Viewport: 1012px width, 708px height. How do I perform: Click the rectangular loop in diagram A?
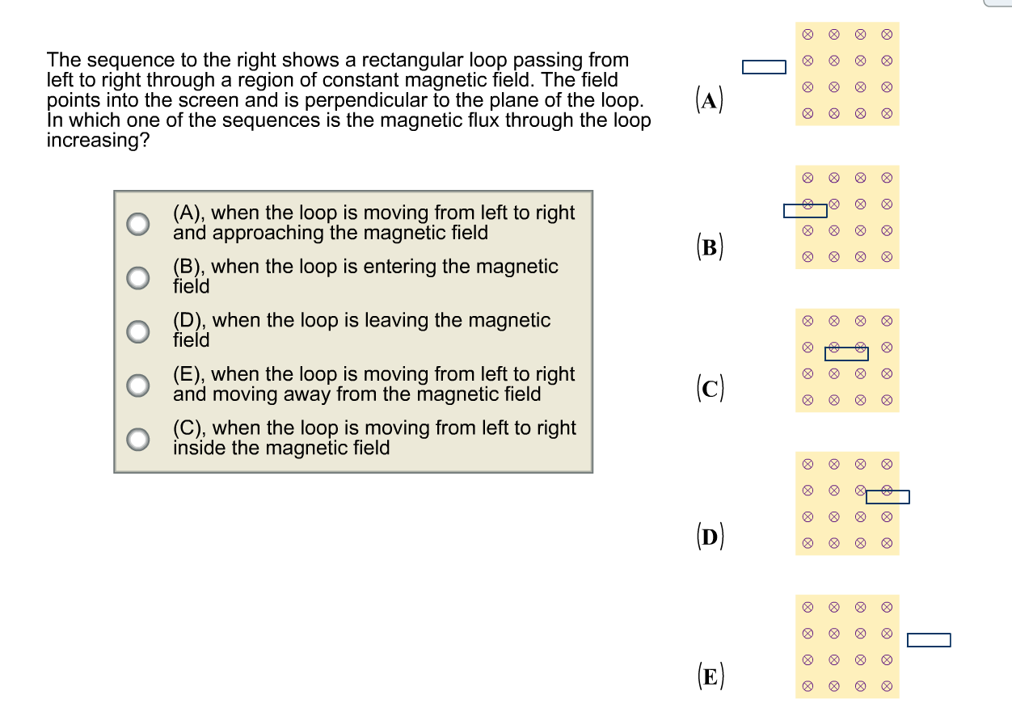click(x=764, y=67)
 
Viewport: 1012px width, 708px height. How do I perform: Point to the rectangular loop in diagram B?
click(x=805, y=211)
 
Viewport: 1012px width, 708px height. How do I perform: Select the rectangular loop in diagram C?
click(x=846, y=353)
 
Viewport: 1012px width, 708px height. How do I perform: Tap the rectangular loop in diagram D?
click(x=888, y=497)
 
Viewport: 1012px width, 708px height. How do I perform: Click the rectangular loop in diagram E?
click(x=929, y=640)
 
